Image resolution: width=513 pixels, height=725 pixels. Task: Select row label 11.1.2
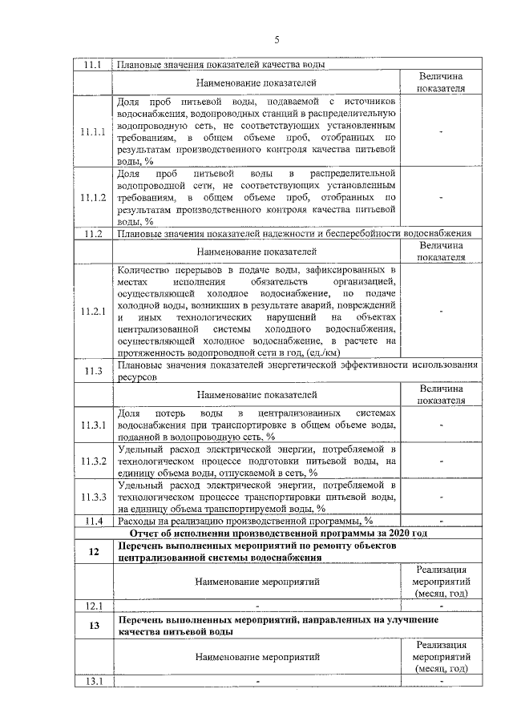click(x=93, y=197)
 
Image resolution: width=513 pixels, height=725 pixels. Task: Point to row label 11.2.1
click(x=93, y=312)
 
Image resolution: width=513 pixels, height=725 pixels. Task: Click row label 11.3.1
click(x=93, y=424)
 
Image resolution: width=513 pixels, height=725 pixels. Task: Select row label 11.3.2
click(x=93, y=461)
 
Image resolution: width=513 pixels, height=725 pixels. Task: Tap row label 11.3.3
click(x=93, y=497)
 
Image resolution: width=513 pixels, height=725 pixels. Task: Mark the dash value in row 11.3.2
click(x=442, y=461)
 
